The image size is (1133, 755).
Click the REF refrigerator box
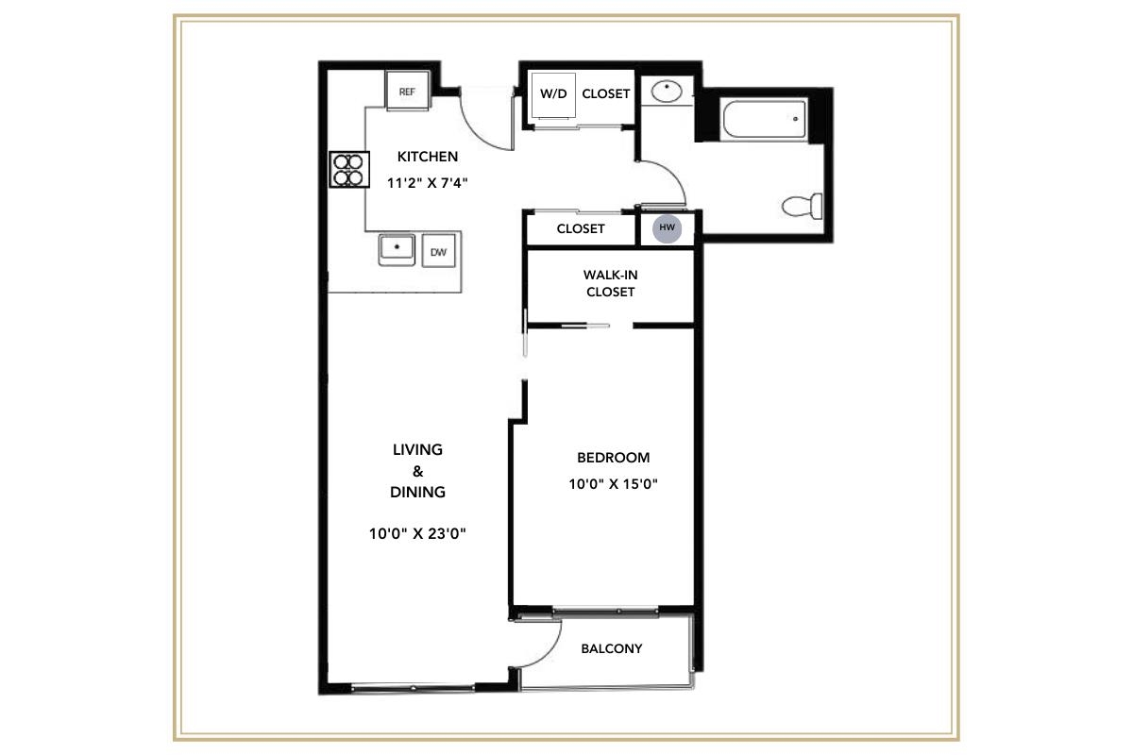(x=407, y=92)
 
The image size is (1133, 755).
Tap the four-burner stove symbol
(x=347, y=169)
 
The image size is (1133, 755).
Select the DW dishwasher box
(x=438, y=252)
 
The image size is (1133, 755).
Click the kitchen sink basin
(x=398, y=250)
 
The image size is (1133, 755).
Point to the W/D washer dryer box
(x=552, y=94)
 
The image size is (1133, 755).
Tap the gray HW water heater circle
(x=668, y=228)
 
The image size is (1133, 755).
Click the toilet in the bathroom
(x=803, y=205)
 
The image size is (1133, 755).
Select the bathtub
(x=764, y=120)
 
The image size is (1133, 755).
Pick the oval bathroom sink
(x=668, y=92)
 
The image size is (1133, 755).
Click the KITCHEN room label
(x=427, y=157)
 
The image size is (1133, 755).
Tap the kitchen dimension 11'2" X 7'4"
(x=428, y=184)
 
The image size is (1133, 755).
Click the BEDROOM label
(x=613, y=458)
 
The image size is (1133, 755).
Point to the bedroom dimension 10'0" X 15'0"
(x=613, y=485)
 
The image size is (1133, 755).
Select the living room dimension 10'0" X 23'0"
(x=418, y=533)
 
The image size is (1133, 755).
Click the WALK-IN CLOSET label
(x=610, y=283)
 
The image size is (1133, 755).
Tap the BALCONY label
(x=611, y=648)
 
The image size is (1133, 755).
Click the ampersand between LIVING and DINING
(x=417, y=471)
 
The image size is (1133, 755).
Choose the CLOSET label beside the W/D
(x=605, y=94)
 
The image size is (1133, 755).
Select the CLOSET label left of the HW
(x=580, y=229)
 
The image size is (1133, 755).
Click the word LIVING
(x=417, y=450)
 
